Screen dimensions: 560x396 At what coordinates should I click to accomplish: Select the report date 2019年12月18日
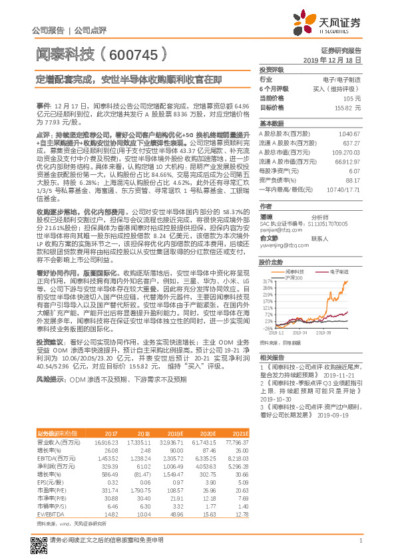[x=337, y=60]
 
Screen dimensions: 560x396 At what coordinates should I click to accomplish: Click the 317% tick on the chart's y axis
[x=266, y=281]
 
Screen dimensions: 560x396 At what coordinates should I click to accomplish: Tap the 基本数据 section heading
[x=272, y=124]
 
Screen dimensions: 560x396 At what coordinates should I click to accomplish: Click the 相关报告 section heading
[x=272, y=358]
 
